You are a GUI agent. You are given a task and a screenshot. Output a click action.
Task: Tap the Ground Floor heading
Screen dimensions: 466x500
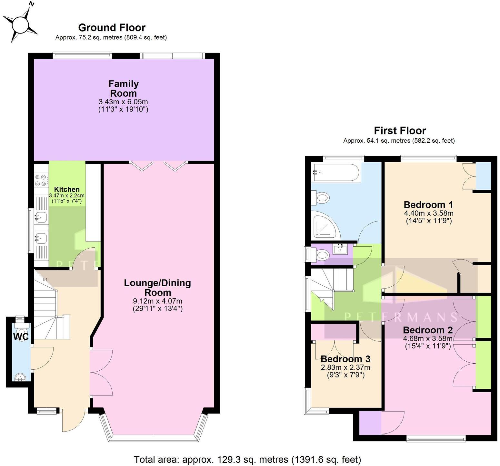tap(112, 28)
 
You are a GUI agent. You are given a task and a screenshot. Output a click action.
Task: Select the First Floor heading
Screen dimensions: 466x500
tap(400, 131)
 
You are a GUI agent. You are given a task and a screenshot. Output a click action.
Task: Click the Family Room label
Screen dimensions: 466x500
tap(123, 89)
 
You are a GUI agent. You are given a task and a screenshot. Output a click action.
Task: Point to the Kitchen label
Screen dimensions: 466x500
tap(67, 189)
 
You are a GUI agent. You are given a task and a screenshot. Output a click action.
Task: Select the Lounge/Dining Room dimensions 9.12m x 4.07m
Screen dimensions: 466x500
tap(157, 301)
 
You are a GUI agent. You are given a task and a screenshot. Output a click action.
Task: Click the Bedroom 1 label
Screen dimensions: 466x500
tap(428, 205)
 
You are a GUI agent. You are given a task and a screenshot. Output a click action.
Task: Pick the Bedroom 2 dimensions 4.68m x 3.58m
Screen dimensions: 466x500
tap(427, 338)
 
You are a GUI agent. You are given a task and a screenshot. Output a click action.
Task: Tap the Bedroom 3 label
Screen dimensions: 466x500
tap(345, 359)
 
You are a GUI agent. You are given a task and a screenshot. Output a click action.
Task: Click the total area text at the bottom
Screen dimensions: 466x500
tap(247, 459)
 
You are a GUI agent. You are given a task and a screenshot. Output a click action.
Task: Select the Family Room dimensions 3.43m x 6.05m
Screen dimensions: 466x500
tap(123, 106)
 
